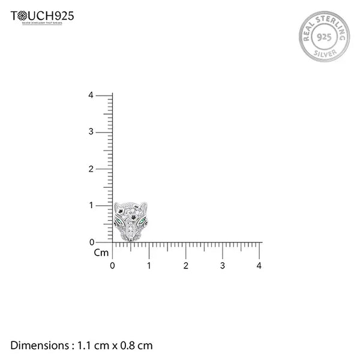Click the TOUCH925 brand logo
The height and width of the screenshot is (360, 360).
(x=43, y=16)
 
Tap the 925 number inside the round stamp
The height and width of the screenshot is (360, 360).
(x=324, y=36)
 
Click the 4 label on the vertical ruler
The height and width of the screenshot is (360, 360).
(x=91, y=95)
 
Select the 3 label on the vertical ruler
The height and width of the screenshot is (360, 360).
(x=91, y=132)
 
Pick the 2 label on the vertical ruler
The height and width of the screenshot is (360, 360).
(x=91, y=169)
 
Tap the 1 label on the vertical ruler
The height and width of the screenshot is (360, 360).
(x=91, y=206)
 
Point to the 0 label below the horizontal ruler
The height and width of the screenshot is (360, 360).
(x=113, y=265)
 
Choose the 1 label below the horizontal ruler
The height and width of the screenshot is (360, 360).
(x=149, y=265)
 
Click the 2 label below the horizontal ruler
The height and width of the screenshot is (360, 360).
(x=186, y=265)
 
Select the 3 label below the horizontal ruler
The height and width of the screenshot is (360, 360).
(x=223, y=265)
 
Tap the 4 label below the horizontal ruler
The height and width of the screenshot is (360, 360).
(x=259, y=265)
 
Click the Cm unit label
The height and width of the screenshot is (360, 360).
(x=101, y=253)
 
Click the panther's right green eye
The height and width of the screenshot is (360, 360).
(x=143, y=223)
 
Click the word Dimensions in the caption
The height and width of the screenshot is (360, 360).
(x=40, y=346)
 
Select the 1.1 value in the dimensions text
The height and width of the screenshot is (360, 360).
(x=83, y=346)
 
